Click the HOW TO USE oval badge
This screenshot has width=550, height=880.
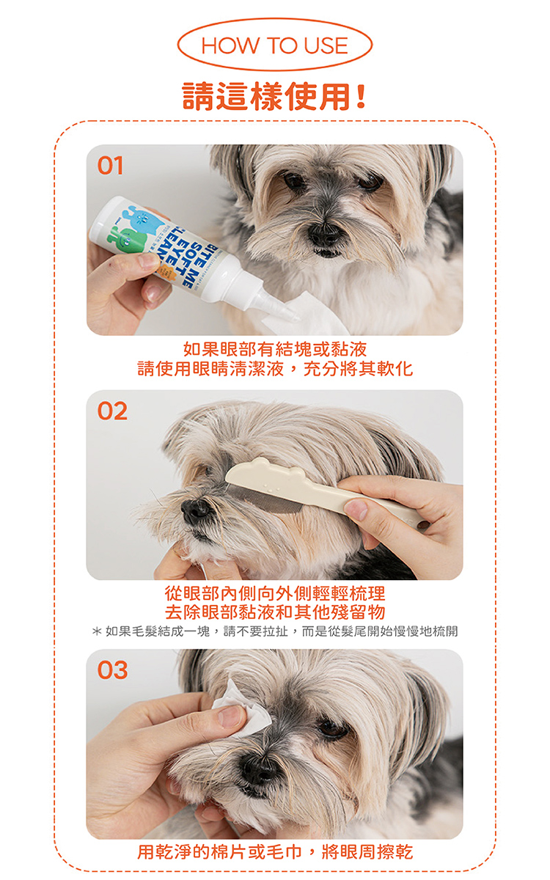(x=274, y=45)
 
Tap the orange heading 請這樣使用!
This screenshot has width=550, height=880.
(x=274, y=96)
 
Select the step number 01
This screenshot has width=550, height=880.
(x=111, y=166)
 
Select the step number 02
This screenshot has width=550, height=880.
(x=112, y=411)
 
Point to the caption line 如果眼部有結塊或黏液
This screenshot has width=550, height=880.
(x=275, y=349)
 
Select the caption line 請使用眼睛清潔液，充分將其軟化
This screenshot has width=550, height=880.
(x=275, y=369)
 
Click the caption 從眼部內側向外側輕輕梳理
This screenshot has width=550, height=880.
(x=275, y=593)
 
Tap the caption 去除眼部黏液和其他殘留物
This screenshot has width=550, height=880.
(x=275, y=612)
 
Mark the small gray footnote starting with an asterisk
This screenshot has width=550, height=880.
(x=275, y=631)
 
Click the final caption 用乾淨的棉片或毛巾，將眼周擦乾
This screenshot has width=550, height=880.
(x=275, y=852)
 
